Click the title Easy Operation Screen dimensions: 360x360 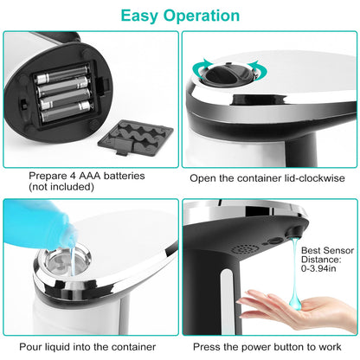click(180, 16)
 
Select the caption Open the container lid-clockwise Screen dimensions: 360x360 click(267, 177)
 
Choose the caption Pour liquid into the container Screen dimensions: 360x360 click(90, 346)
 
